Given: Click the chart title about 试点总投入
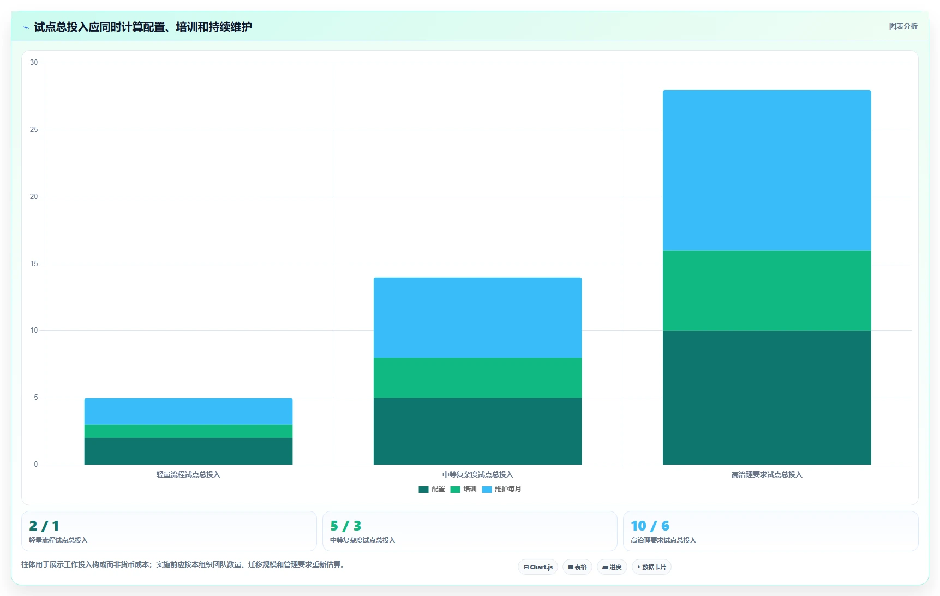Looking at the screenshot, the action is point(143,27).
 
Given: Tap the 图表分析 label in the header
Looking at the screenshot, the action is point(903,26).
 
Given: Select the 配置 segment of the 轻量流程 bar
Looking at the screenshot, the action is point(188,451).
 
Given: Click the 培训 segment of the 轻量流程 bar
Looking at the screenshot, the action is point(188,431).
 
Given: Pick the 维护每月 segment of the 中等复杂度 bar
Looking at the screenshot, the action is point(477,318).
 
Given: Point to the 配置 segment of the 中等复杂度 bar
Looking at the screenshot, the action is point(477,431).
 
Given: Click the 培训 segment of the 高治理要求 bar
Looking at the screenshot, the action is point(767,291).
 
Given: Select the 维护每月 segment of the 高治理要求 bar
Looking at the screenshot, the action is point(767,171).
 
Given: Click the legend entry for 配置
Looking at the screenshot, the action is point(432,489).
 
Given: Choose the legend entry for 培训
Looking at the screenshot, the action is point(463,489).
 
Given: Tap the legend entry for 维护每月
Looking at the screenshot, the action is point(501,489).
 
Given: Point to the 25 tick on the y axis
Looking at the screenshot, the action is point(34,130).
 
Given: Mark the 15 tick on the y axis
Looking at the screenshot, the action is point(34,264).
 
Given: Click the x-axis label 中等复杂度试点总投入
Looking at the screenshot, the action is point(477,474).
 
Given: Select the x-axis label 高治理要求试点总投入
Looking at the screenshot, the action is point(767,474).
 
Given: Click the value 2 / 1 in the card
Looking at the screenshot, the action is point(44,526).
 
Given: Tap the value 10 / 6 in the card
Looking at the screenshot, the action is point(650,526).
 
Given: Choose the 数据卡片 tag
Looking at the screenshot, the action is point(651,567).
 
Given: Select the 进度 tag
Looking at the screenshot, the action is point(612,567).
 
